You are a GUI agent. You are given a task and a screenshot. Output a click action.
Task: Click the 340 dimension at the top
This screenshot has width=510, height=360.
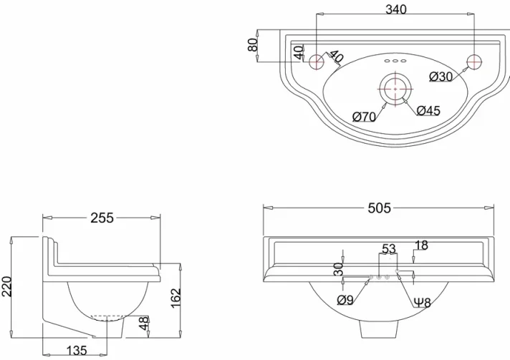pyautogui.click(x=395, y=9)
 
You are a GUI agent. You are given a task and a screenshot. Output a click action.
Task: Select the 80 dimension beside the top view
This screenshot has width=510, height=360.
pyautogui.click(x=252, y=44)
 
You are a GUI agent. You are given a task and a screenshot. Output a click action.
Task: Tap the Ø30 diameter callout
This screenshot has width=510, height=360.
pyautogui.click(x=441, y=77)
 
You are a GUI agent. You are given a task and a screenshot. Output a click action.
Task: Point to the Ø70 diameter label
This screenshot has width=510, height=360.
pyautogui.click(x=364, y=117)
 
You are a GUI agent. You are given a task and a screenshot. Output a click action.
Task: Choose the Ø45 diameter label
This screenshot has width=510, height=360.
pyautogui.click(x=428, y=110)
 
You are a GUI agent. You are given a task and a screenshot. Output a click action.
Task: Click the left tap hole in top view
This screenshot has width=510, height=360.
pyautogui.click(x=315, y=62)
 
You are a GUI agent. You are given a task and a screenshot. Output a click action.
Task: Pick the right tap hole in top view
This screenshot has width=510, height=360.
pyautogui.click(x=473, y=62)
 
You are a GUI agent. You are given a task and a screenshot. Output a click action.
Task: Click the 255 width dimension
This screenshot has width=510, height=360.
pyautogui.click(x=102, y=218)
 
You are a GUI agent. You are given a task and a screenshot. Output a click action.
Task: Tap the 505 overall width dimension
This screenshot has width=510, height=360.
pyautogui.click(x=379, y=208)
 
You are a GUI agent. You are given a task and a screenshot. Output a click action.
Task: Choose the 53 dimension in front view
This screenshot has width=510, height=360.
pyautogui.click(x=388, y=249)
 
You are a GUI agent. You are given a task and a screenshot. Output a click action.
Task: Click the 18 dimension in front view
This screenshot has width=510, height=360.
pyautogui.click(x=421, y=245)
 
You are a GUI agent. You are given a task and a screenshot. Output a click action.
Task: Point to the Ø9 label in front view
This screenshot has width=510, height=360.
pyautogui.click(x=345, y=301)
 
